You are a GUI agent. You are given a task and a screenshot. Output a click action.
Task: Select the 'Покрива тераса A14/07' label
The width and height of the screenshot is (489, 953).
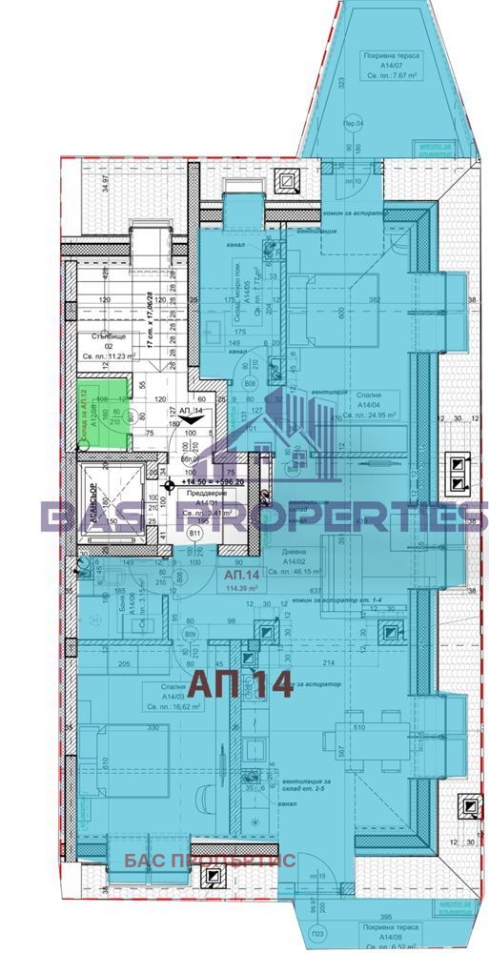(x=395, y=66)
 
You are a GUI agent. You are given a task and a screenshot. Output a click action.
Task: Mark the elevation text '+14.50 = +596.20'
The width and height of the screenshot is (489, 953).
(x=204, y=482)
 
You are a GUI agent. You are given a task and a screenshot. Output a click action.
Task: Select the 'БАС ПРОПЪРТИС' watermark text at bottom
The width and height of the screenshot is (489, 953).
(x=210, y=861)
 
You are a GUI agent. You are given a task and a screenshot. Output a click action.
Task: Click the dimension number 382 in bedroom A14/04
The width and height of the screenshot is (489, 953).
(x=375, y=299)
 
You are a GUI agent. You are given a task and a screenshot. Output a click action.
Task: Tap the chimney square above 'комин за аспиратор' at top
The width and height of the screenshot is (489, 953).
(x=287, y=178)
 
